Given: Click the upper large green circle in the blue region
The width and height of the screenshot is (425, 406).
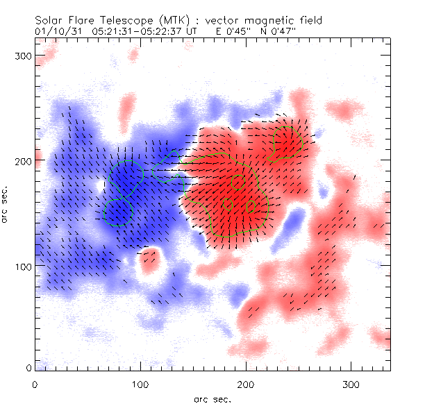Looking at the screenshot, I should [126, 177].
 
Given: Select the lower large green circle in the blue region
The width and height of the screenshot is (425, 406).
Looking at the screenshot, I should [118, 212].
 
